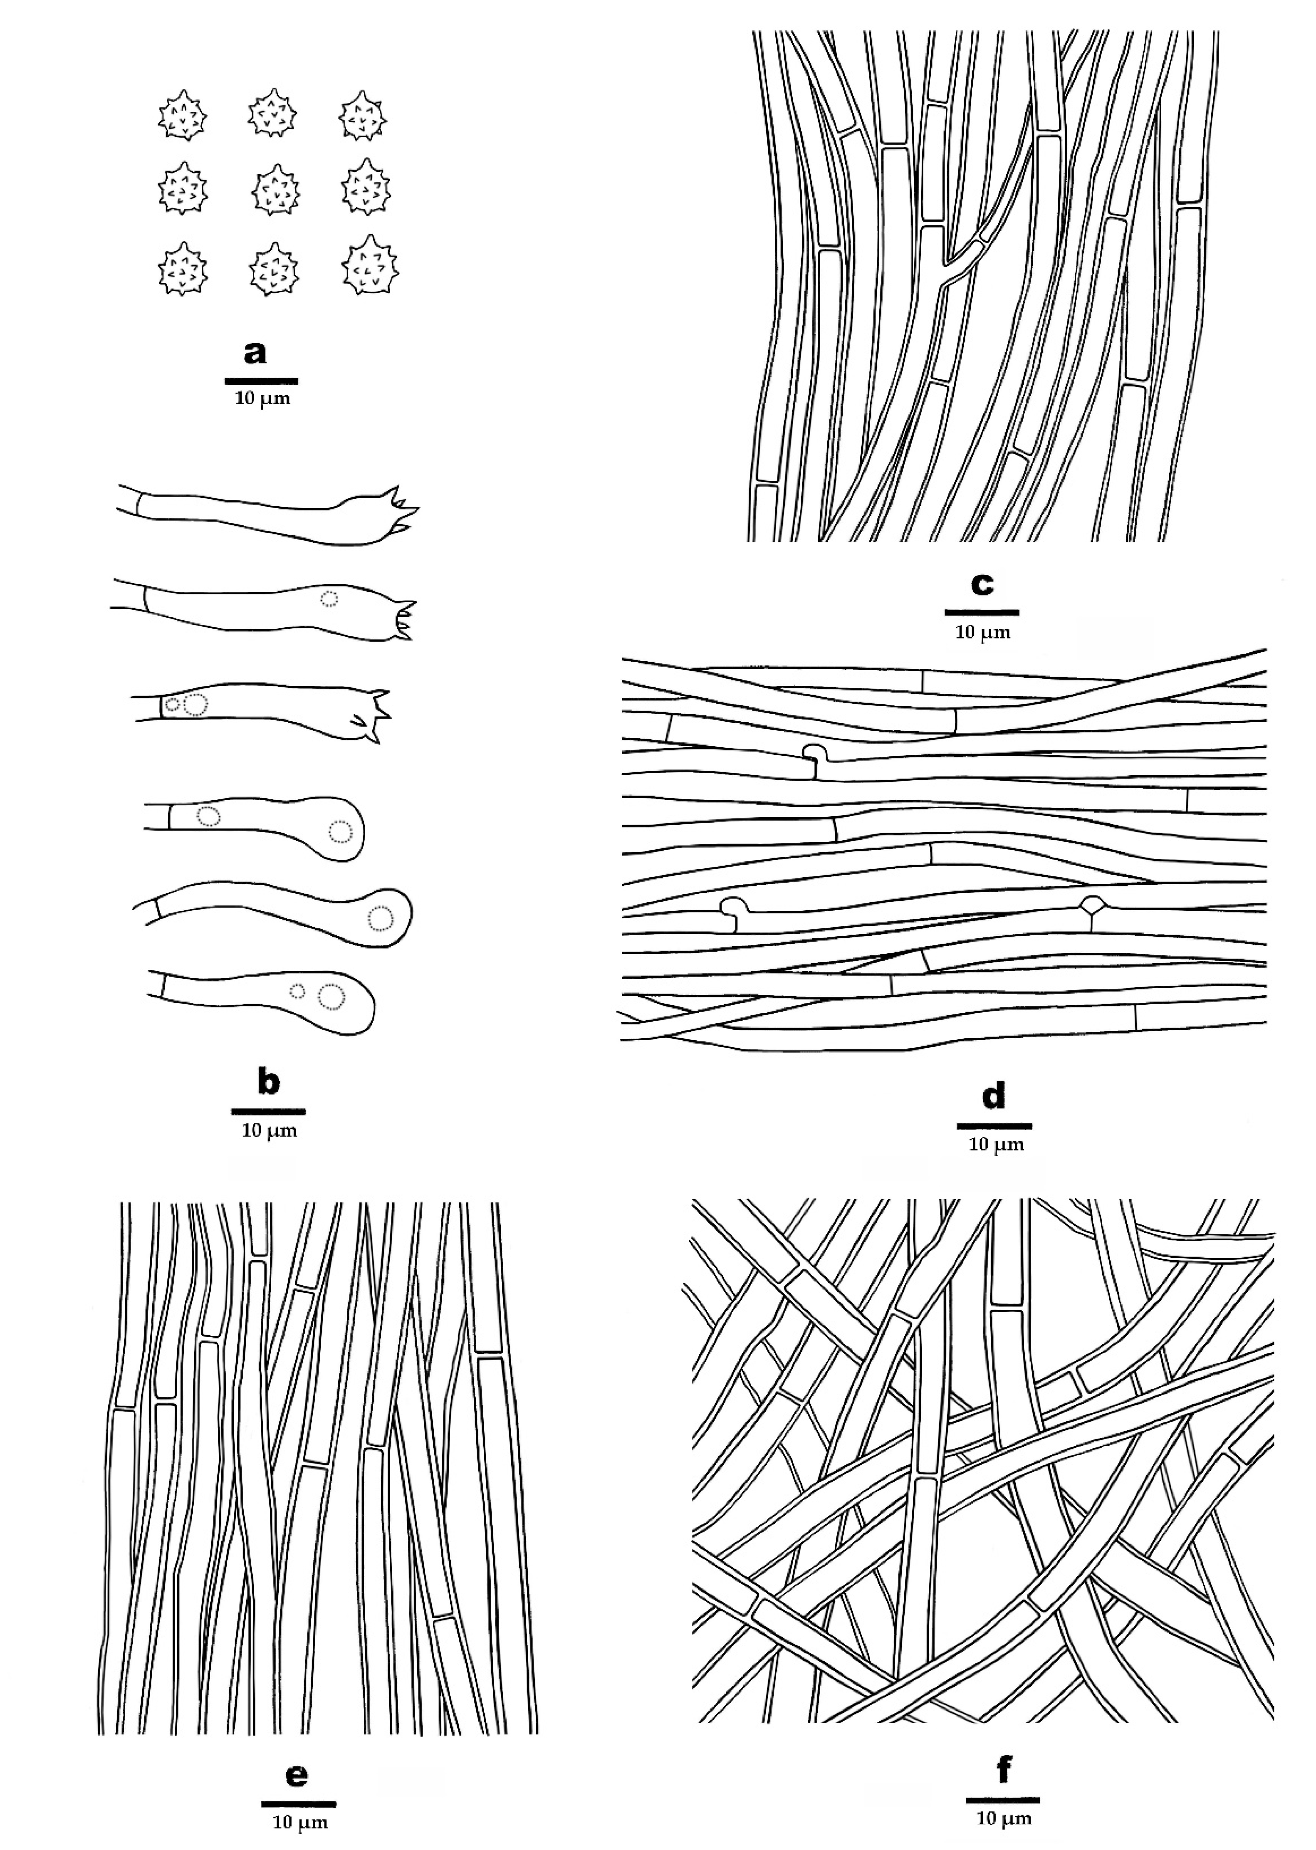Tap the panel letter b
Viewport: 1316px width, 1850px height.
coord(268,1083)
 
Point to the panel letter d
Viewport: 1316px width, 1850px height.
coord(994,1096)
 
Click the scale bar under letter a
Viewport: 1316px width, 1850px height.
coord(261,380)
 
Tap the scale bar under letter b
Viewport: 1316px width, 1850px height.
coord(268,1111)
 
